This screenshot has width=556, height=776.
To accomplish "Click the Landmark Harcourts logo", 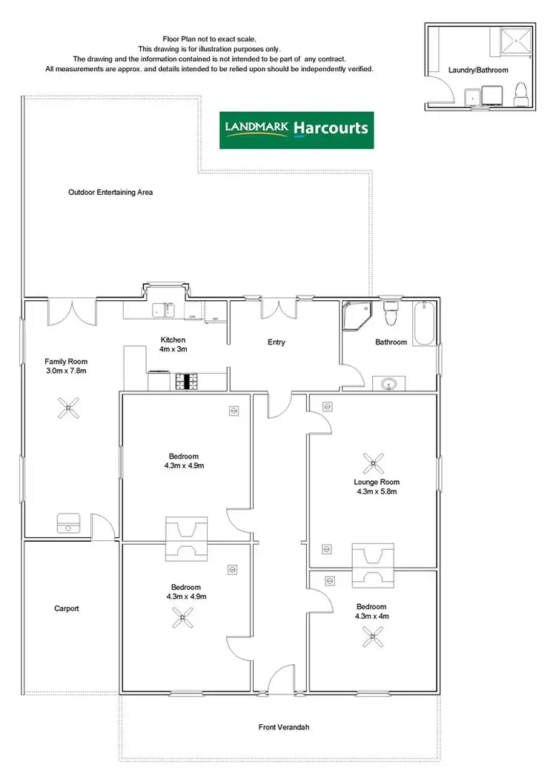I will click(297, 130).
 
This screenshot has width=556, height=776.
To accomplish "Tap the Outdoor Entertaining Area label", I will click(110, 192).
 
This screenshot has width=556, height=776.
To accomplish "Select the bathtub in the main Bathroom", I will click(425, 323).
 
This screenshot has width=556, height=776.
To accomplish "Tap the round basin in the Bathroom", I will click(389, 384).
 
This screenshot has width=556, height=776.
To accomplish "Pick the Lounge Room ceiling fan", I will click(373, 463).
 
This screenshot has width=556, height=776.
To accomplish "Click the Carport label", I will click(66, 608).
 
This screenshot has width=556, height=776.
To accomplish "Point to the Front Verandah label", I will click(284, 727).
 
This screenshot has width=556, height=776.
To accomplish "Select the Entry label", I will click(277, 342).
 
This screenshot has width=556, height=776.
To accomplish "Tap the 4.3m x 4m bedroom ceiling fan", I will click(372, 634).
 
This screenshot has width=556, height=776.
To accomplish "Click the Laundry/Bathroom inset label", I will click(479, 70).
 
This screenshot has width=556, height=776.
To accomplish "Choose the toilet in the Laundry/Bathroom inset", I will click(520, 93).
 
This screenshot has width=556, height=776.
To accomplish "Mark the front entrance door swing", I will click(279, 678).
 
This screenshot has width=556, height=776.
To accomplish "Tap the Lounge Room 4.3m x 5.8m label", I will click(377, 486).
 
